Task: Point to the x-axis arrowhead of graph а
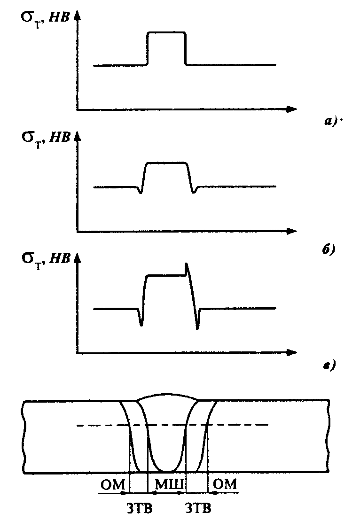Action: (291, 109)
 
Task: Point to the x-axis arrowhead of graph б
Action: (291, 231)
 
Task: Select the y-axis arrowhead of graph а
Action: (77, 16)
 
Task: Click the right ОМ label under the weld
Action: (225, 484)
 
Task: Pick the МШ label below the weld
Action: (170, 485)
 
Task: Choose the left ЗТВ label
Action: (140, 508)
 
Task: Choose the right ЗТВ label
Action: (198, 508)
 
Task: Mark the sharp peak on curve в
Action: (186, 264)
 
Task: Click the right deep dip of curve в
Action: (197, 328)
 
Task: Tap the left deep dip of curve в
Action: (141, 325)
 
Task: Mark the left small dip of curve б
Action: (140, 193)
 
